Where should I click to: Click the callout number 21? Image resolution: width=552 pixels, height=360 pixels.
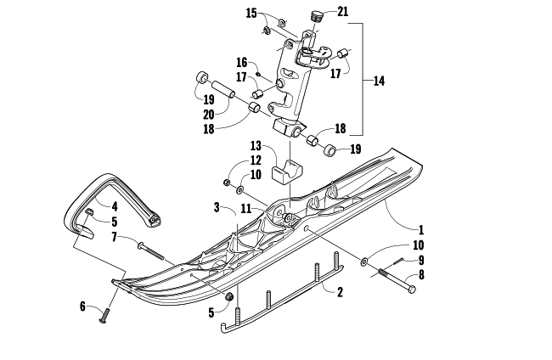(x=342, y=12)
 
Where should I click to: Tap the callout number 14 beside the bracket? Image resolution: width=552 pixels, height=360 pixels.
(x=379, y=81)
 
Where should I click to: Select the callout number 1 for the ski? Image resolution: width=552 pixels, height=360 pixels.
(x=421, y=230)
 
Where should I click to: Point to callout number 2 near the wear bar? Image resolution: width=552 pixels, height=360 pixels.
(x=340, y=292)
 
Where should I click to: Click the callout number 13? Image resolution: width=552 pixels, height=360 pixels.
(x=256, y=145)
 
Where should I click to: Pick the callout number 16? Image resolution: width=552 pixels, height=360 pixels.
(x=241, y=63)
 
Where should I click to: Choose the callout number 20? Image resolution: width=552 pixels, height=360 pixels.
(x=209, y=115)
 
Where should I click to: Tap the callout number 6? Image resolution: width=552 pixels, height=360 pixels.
(x=82, y=307)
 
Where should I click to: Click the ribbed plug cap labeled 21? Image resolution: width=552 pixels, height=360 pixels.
(x=318, y=16)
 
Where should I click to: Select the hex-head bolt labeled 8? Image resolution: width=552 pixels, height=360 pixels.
(x=395, y=280)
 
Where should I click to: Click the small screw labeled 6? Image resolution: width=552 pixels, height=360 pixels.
(x=104, y=315)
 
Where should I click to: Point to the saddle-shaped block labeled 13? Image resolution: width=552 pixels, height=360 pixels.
(x=287, y=172)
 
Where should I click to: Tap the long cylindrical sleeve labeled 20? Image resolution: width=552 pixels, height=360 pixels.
(x=223, y=89)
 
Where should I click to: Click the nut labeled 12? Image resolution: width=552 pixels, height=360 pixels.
(x=227, y=183)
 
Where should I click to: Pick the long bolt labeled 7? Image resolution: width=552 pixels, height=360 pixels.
(x=151, y=250)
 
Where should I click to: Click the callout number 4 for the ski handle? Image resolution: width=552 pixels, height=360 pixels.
(x=115, y=206)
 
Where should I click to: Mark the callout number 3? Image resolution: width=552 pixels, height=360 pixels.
(x=217, y=207)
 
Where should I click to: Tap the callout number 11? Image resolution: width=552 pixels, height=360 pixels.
(x=246, y=209)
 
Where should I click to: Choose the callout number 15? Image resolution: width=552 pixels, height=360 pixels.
(x=251, y=14)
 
